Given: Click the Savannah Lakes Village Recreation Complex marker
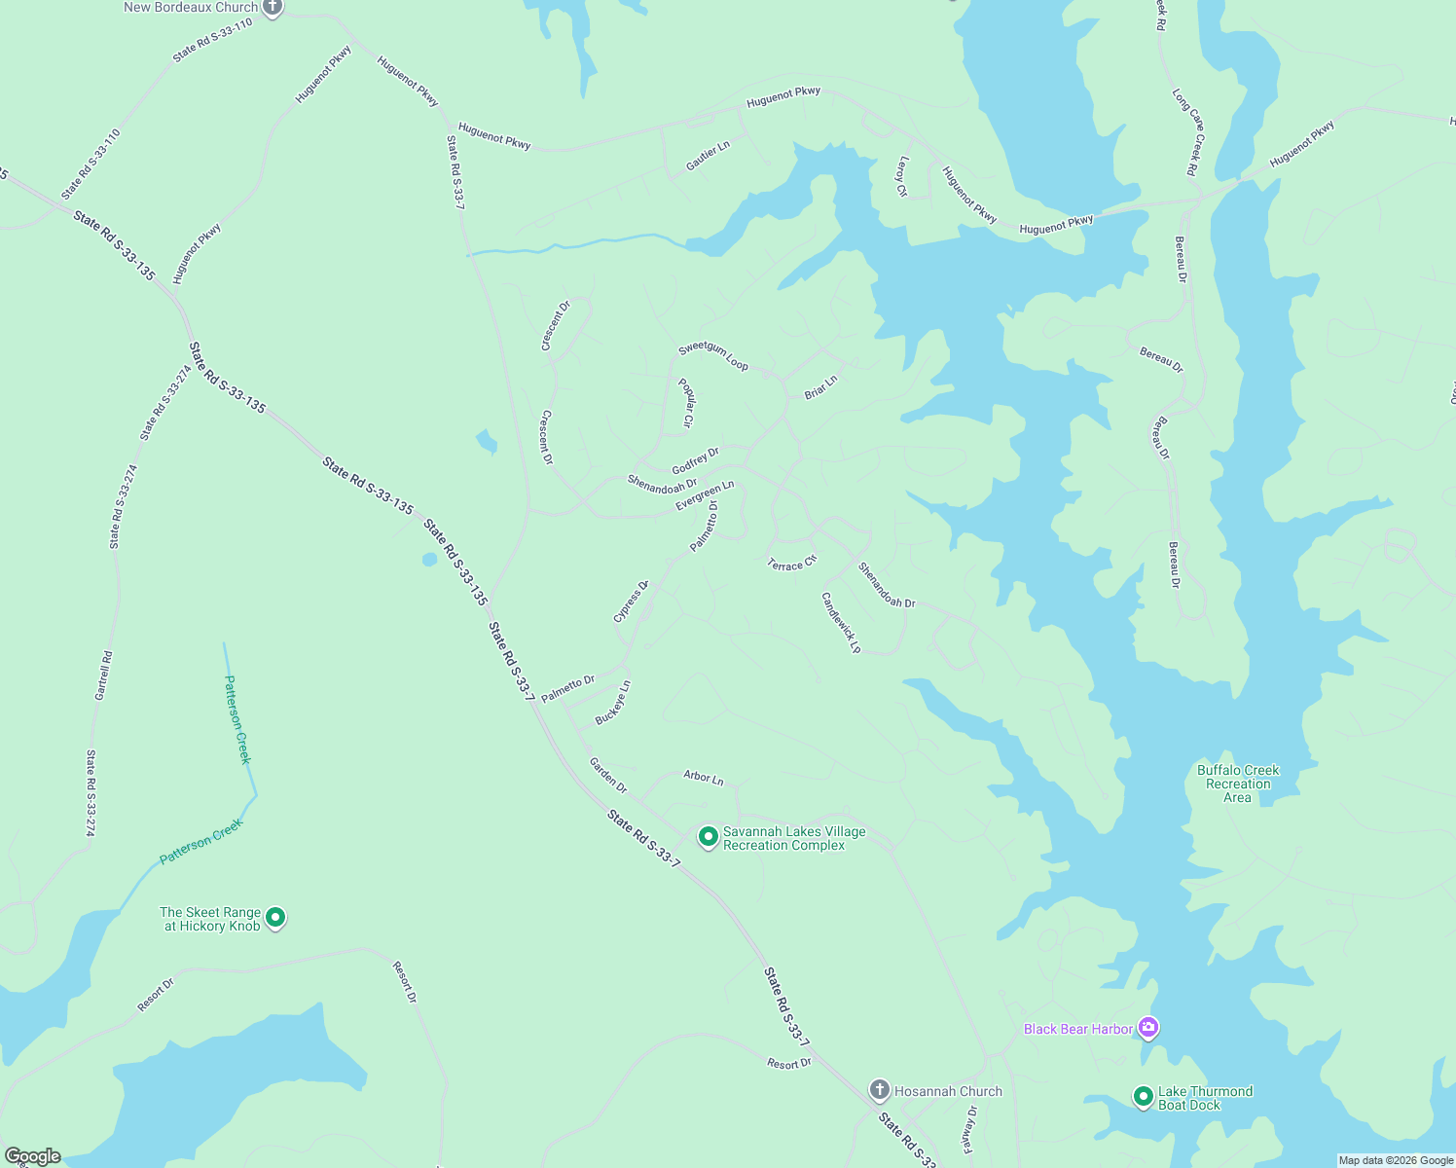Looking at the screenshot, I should [709, 836].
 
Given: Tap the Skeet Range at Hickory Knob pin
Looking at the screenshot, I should [275, 917].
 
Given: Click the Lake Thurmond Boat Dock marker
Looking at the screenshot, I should [1144, 1096].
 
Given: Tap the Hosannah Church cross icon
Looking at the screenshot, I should [879, 1089].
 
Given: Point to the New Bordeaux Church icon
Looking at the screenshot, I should [273, 8].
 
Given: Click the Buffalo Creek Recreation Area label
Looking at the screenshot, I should [1238, 784].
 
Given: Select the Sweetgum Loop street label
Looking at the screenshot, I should [713, 355].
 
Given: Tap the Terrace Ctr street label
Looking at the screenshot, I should [792, 564].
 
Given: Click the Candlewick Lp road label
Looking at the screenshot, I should [842, 623].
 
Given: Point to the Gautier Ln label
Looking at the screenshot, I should [708, 156].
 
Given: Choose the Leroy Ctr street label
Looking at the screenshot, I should [902, 177].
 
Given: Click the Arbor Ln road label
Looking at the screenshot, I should [704, 778].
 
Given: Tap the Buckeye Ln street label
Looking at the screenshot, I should [613, 702].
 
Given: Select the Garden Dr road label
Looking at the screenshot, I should [608, 775].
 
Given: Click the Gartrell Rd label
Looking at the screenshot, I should [103, 675].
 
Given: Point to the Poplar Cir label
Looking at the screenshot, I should [686, 403].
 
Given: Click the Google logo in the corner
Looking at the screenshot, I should [32, 1156].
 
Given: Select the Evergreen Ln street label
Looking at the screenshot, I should [705, 495].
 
